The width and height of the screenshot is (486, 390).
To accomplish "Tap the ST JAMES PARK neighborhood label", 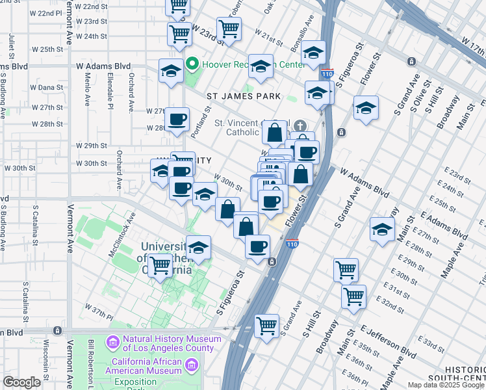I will (244, 96).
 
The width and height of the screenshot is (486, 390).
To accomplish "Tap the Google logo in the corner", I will (21, 382).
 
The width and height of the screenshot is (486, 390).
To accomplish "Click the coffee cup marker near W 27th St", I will (177, 120).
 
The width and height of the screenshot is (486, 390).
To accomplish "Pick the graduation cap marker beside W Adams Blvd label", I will (172, 71).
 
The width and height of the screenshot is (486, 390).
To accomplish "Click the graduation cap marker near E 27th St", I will (382, 229).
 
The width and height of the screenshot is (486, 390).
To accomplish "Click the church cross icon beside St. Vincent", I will (300, 125).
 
